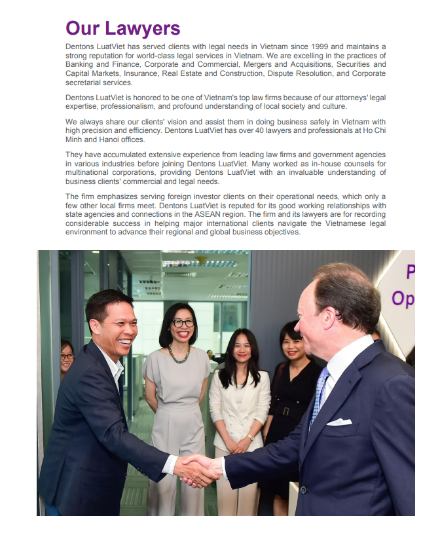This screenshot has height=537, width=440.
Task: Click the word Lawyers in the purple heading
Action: pos(140,28)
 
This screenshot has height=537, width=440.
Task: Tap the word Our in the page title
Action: pos(82,28)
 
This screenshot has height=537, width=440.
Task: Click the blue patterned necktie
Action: pos(319,393)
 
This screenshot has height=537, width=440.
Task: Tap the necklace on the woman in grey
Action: pos(179,354)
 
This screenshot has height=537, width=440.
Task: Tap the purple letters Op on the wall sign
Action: pos(403,298)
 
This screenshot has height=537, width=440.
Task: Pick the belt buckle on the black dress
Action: pos(286,411)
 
